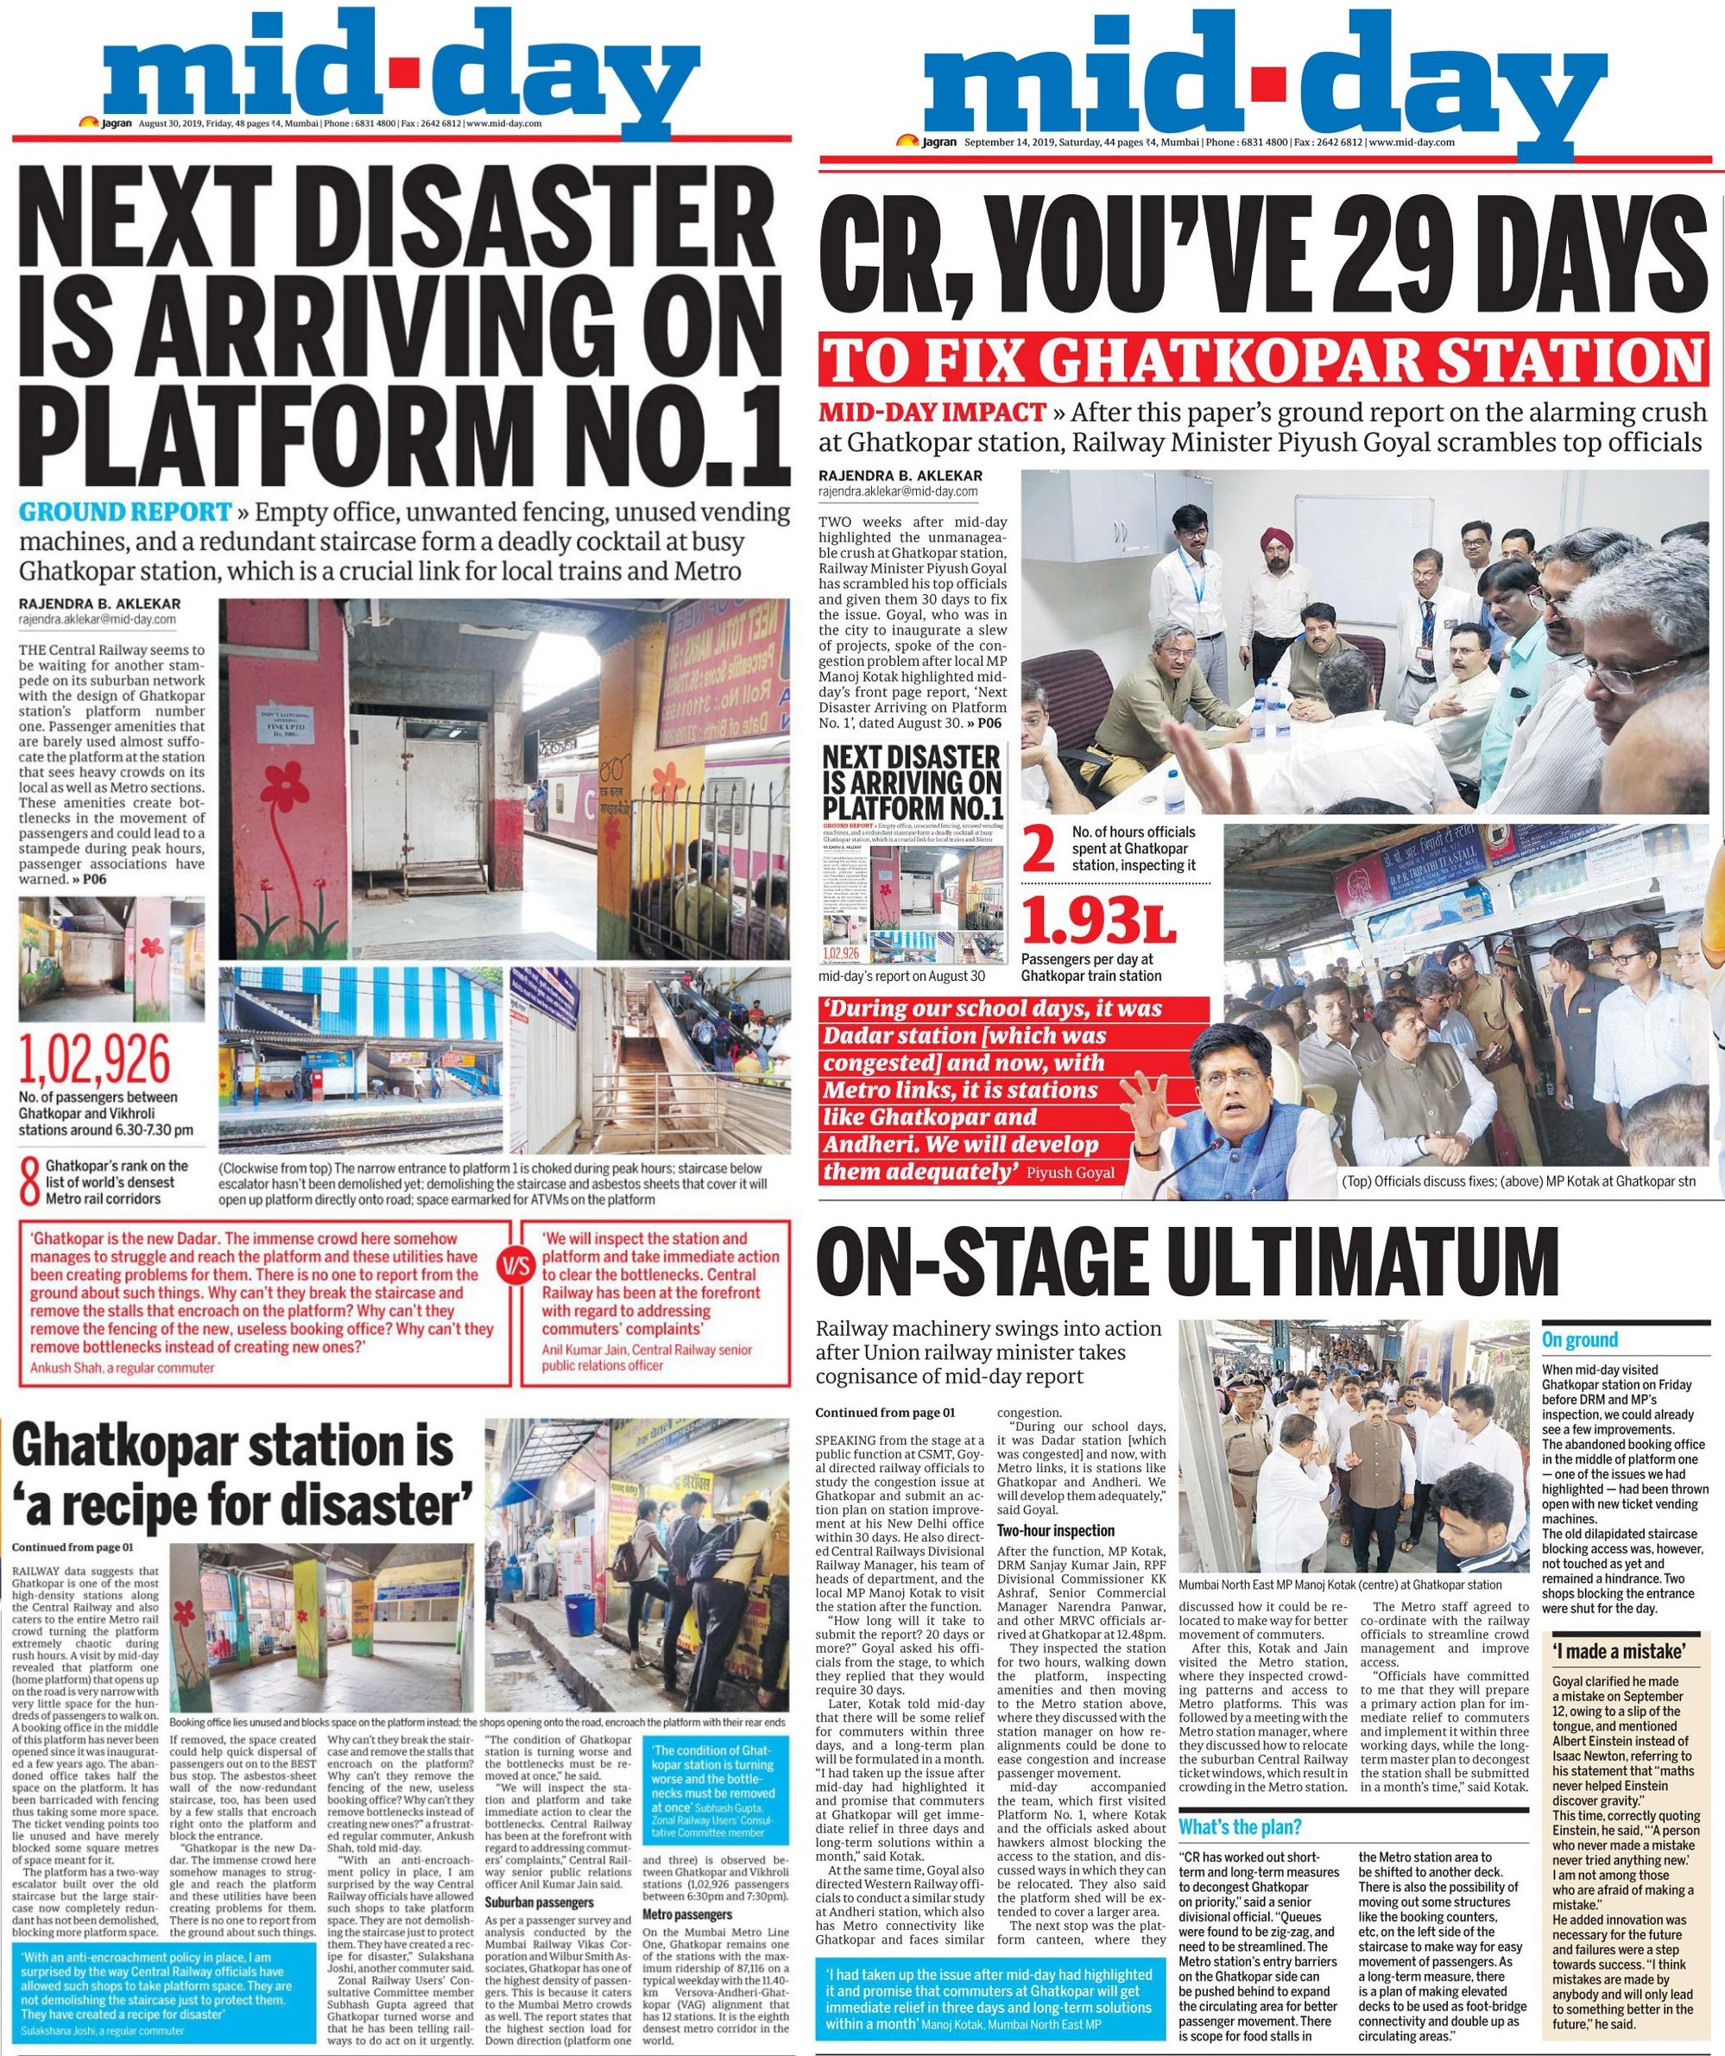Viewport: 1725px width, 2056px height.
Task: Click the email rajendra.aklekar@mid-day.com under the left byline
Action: click(97, 620)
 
